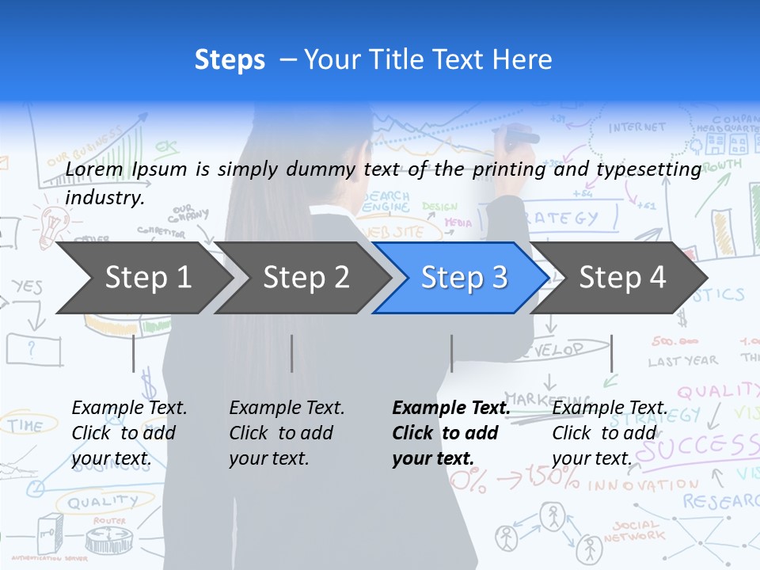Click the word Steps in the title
point(230,60)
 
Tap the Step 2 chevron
point(305,278)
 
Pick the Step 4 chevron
point(621,278)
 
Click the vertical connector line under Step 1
point(133,353)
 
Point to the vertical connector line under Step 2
point(292,353)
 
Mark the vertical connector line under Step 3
point(451,353)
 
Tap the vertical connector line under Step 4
point(611,353)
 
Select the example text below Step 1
point(129,433)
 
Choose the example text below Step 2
point(287,433)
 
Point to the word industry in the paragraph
point(104,198)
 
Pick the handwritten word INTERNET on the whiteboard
point(637,127)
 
